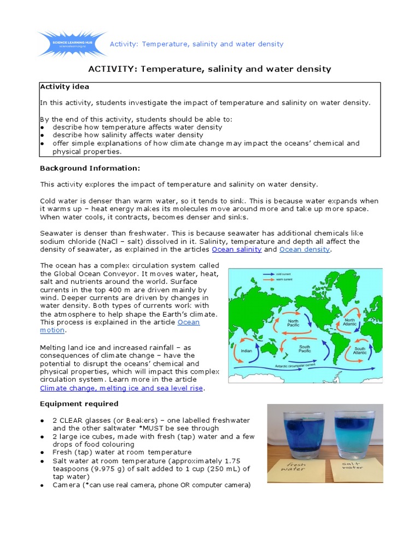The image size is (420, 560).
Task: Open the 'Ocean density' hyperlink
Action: (x=304, y=249)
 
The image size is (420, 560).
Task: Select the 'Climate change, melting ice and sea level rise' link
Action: (x=121, y=388)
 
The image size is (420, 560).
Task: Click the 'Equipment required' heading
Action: (x=79, y=404)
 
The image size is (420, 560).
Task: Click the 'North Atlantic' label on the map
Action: (x=349, y=323)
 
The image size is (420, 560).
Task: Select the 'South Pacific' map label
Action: (x=305, y=348)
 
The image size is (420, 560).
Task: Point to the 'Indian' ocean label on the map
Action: (x=247, y=351)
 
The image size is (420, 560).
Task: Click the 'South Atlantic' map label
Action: (x=359, y=351)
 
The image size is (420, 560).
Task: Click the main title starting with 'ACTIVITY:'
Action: (x=210, y=69)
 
